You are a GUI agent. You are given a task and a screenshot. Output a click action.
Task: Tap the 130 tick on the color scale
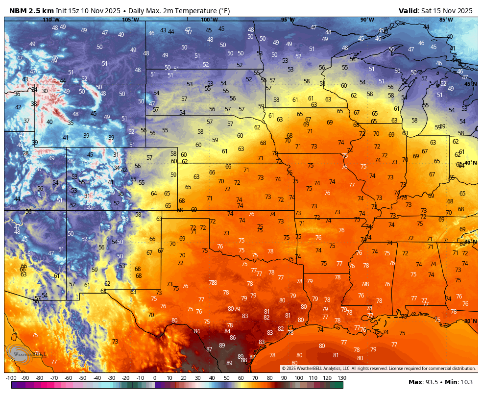click(x=342, y=378)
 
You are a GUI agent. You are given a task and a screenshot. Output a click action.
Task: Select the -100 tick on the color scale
click(x=11, y=378)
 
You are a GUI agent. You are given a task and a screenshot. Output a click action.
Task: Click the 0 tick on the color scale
click(x=155, y=378)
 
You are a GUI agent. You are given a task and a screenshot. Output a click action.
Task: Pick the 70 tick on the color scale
click(x=256, y=378)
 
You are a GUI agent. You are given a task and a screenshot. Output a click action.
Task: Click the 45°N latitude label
click(x=470, y=84)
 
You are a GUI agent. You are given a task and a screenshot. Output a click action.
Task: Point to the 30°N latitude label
click(x=470, y=322)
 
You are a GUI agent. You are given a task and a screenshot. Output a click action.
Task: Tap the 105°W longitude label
click(x=130, y=20)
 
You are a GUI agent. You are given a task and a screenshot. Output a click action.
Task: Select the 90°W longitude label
click(x=367, y=20)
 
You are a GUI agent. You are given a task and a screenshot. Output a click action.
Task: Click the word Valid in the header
click(x=408, y=11)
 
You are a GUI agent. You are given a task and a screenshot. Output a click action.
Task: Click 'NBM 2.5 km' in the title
click(x=31, y=11)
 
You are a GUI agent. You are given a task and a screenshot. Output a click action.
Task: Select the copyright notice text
click(x=379, y=369)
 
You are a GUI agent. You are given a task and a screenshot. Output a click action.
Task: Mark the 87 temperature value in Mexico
click(x=209, y=349)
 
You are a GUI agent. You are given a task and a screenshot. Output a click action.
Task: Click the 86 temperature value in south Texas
click(x=233, y=338)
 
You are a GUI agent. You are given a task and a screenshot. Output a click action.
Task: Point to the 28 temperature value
click(x=25, y=153)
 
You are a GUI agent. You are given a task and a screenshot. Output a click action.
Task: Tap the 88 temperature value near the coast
click(x=244, y=360)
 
